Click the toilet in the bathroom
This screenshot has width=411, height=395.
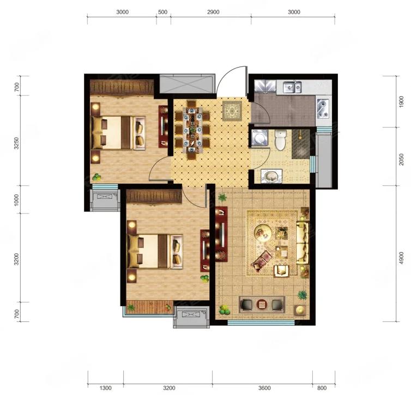(280, 141)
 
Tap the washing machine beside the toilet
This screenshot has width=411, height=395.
(259, 137)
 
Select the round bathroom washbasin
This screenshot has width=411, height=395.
(271, 176)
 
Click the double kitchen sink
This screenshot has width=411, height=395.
(292, 87)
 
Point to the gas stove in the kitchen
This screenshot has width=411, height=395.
(322, 108)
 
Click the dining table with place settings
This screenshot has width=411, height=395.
(192, 130)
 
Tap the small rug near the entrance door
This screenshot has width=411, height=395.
(232, 111)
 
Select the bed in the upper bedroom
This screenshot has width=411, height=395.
(118, 133)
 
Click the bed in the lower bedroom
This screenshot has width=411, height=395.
(155, 252)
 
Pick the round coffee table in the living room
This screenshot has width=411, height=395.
(263, 232)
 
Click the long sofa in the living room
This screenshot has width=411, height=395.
(303, 243)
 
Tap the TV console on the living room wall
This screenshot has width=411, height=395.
(221, 234)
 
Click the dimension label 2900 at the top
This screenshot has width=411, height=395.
(213, 12)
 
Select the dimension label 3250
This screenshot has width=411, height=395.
(17, 143)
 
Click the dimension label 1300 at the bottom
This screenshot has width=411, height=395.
(105, 388)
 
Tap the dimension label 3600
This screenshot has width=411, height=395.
(264, 388)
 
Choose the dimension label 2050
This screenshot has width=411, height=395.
(401, 159)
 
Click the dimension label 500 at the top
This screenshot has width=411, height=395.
(163, 12)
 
